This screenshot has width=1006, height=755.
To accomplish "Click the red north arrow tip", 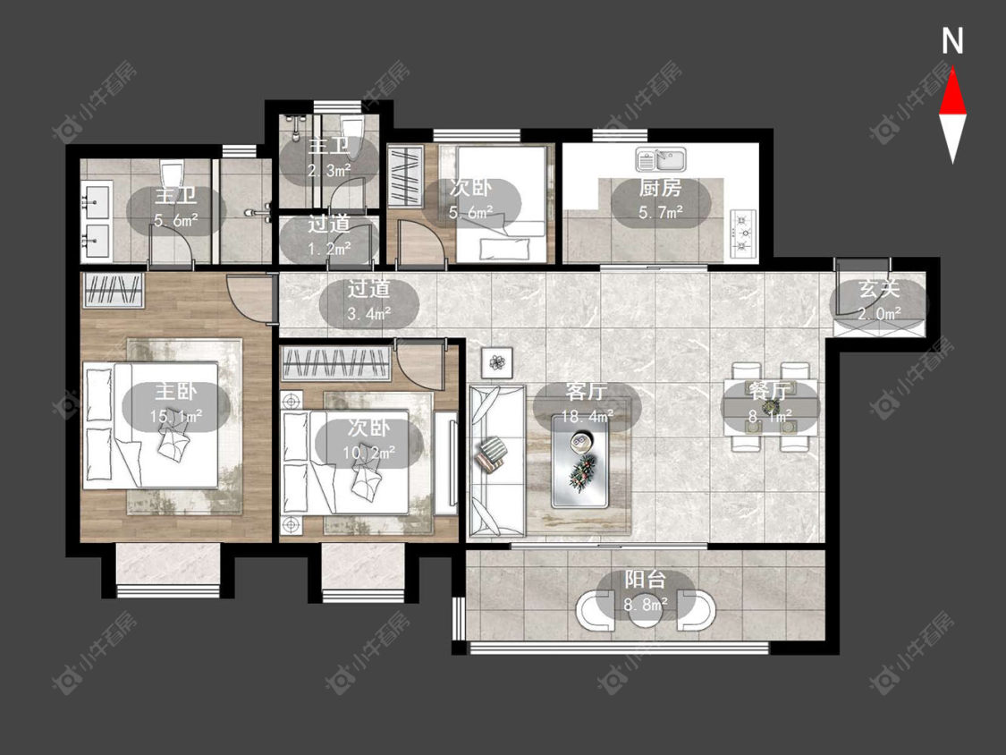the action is point(952,71).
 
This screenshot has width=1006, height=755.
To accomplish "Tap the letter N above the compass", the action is point(952,41).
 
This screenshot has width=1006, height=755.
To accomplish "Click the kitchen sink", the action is point(661,159).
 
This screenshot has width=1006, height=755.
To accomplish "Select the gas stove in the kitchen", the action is point(744,233).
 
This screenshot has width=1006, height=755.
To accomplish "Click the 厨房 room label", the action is point(660,188).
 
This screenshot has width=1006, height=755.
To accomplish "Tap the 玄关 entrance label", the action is point(879,290).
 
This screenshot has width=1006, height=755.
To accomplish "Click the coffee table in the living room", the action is point(580,461).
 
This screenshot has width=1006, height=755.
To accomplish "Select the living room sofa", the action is point(497,461).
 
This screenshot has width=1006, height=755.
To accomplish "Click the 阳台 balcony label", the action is point(646,580).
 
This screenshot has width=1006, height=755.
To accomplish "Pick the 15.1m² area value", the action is point(176,417).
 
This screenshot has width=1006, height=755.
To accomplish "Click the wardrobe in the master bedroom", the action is point(113,290).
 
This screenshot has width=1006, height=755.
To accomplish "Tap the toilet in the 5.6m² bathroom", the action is point(172,174).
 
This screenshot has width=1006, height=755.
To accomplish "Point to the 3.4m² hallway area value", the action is point(369,314).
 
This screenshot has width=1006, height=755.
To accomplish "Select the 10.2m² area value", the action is point(368,453).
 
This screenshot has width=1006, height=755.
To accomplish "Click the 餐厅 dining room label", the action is point(769,390).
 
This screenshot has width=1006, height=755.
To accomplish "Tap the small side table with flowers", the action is point(497,363).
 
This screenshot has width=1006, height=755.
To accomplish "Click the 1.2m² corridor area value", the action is point(329,248).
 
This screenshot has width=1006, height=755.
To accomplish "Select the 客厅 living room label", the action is point(587,391).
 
